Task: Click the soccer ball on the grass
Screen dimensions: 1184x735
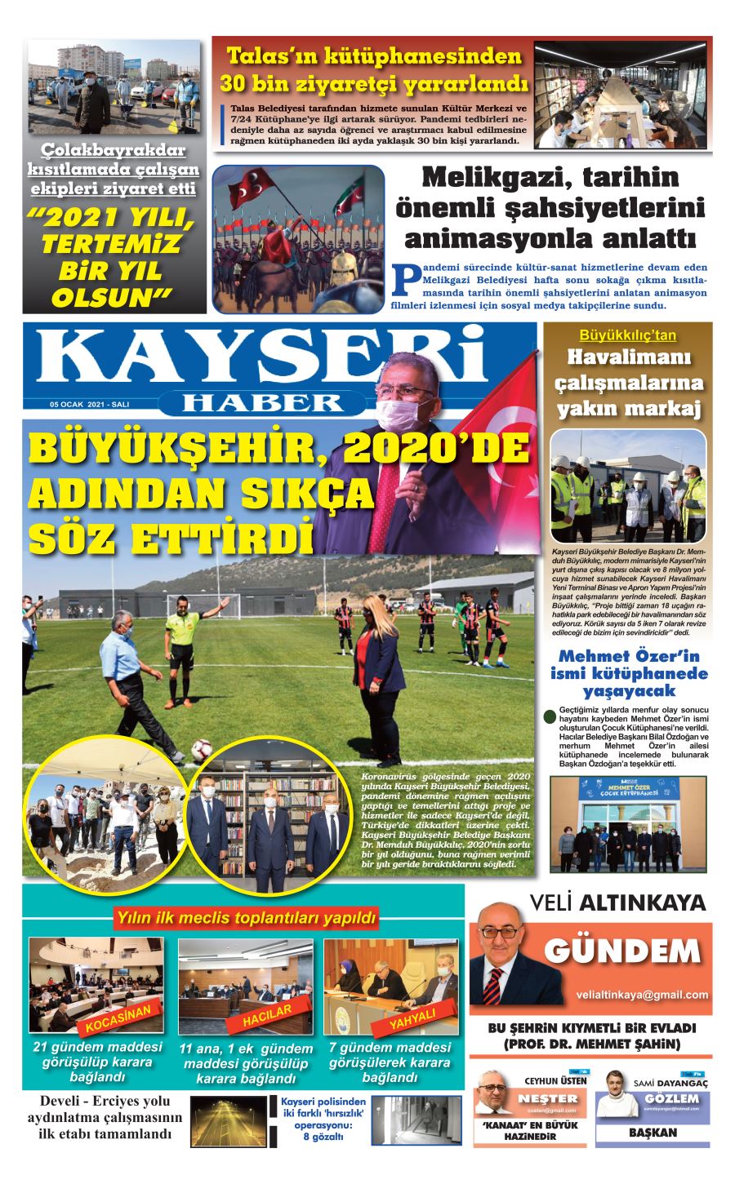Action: tap(201, 748)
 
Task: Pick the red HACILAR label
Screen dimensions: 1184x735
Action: tap(267, 1017)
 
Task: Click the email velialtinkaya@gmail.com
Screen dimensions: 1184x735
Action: tap(642, 995)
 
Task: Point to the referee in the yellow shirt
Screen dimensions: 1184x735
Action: tap(180, 645)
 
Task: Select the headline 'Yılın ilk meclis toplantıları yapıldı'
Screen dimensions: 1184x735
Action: tap(246, 919)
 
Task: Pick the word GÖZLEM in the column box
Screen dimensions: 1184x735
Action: tap(671, 1099)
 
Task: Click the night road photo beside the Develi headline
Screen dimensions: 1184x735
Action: tap(228, 1120)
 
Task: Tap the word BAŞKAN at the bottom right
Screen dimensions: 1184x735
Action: tap(653, 1133)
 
